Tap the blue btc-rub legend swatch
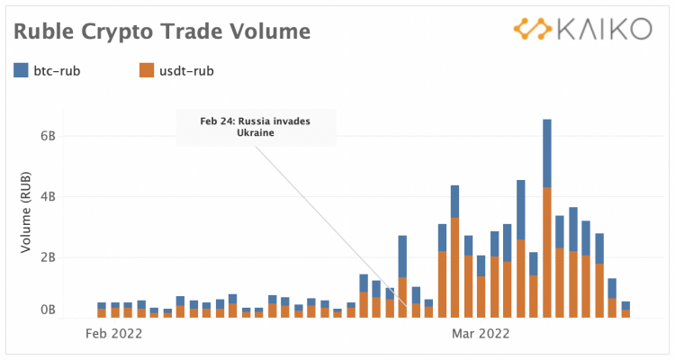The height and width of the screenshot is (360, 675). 22,69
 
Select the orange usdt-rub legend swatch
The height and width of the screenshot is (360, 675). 148,69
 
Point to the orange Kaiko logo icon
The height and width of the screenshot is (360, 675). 533,29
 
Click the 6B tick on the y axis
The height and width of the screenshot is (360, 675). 47,137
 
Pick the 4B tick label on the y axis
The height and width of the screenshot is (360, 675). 47,196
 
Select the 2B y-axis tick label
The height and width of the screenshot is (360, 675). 47,256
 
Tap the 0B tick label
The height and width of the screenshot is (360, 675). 47,310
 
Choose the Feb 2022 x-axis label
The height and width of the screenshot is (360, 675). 113,333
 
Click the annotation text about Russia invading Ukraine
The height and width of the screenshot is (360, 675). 256,126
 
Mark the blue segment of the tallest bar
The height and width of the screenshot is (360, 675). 547,153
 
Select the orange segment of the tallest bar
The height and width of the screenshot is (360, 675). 547,252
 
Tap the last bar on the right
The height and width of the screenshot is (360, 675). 625,310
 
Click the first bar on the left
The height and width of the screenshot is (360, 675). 102,311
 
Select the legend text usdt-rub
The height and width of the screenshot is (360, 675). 187,70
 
